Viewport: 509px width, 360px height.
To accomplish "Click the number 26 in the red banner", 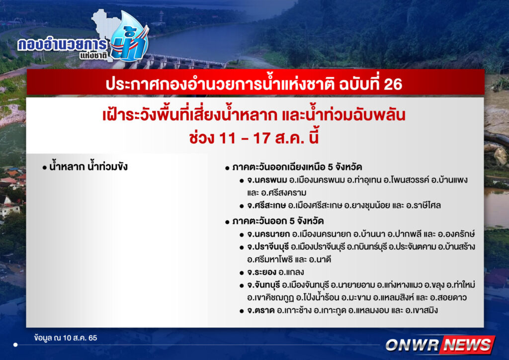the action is [x=393, y=85].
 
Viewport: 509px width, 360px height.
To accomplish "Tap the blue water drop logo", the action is [x=130, y=37].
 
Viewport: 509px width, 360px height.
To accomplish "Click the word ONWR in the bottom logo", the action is [x=412, y=345].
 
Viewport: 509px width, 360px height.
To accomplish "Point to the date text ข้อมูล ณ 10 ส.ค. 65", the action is [x=66, y=338].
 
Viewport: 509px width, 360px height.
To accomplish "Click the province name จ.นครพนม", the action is [x=267, y=180].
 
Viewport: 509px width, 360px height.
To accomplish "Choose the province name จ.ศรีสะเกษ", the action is [x=266, y=205].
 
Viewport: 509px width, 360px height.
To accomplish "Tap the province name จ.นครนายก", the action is [x=268, y=234].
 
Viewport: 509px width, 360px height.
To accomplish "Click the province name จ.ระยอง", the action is [x=261, y=272].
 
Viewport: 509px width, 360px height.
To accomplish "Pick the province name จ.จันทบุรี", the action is [x=263, y=285].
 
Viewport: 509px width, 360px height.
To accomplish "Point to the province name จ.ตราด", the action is [x=260, y=310].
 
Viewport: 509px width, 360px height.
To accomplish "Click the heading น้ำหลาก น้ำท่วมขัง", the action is [x=88, y=167].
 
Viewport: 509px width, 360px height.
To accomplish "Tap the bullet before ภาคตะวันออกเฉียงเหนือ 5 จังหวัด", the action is [x=227, y=168].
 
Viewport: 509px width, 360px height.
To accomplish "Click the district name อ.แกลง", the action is [x=291, y=272].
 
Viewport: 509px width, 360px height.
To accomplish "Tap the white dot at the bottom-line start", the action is [x=15, y=345].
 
